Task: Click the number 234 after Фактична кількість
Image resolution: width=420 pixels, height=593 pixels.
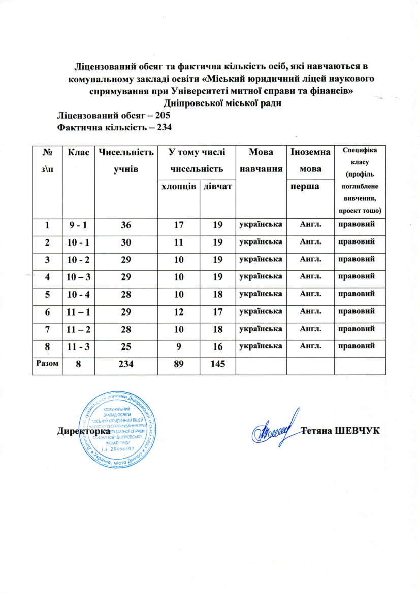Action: click(x=162, y=127)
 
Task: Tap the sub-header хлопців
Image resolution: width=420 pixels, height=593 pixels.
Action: click(x=179, y=187)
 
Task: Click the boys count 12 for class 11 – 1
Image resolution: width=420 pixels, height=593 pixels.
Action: click(x=179, y=311)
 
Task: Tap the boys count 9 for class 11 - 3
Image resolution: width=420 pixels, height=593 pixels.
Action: click(x=179, y=346)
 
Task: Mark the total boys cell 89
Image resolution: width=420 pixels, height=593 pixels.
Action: click(x=179, y=364)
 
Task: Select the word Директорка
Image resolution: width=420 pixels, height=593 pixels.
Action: click(x=84, y=432)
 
